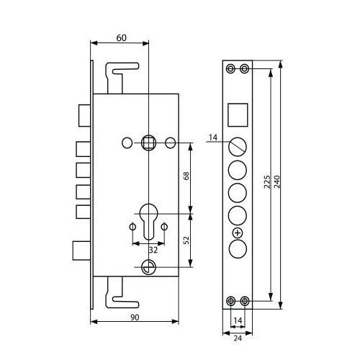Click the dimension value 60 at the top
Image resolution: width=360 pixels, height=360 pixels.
(121, 38)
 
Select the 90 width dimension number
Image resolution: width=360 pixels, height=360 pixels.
(135, 318)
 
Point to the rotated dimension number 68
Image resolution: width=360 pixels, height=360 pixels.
(186, 176)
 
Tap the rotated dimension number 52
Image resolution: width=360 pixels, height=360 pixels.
(186, 240)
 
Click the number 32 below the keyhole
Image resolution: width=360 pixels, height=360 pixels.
(153, 250)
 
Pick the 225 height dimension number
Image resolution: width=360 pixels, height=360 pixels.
(267, 181)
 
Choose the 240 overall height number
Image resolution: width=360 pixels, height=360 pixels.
(276, 181)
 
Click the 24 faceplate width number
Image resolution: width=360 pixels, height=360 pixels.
(238, 338)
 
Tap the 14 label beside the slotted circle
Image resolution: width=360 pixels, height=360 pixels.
(213, 138)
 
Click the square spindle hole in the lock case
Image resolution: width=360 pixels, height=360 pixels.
(148, 143)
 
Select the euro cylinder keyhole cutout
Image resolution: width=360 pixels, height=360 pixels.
(149, 222)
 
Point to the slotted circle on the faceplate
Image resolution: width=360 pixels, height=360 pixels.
(238, 146)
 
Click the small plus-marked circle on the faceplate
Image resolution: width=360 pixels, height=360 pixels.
(238, 233)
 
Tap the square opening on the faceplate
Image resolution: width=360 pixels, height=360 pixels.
(238, 115)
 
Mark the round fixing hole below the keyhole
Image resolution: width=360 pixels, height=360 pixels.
(148, 267)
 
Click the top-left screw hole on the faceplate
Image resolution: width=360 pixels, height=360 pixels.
(231, 68)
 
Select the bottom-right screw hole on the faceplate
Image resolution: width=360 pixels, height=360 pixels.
(244, 300)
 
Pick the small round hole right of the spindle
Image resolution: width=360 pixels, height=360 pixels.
(171, 143)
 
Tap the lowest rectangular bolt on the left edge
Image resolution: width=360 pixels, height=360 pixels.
(81, 251)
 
